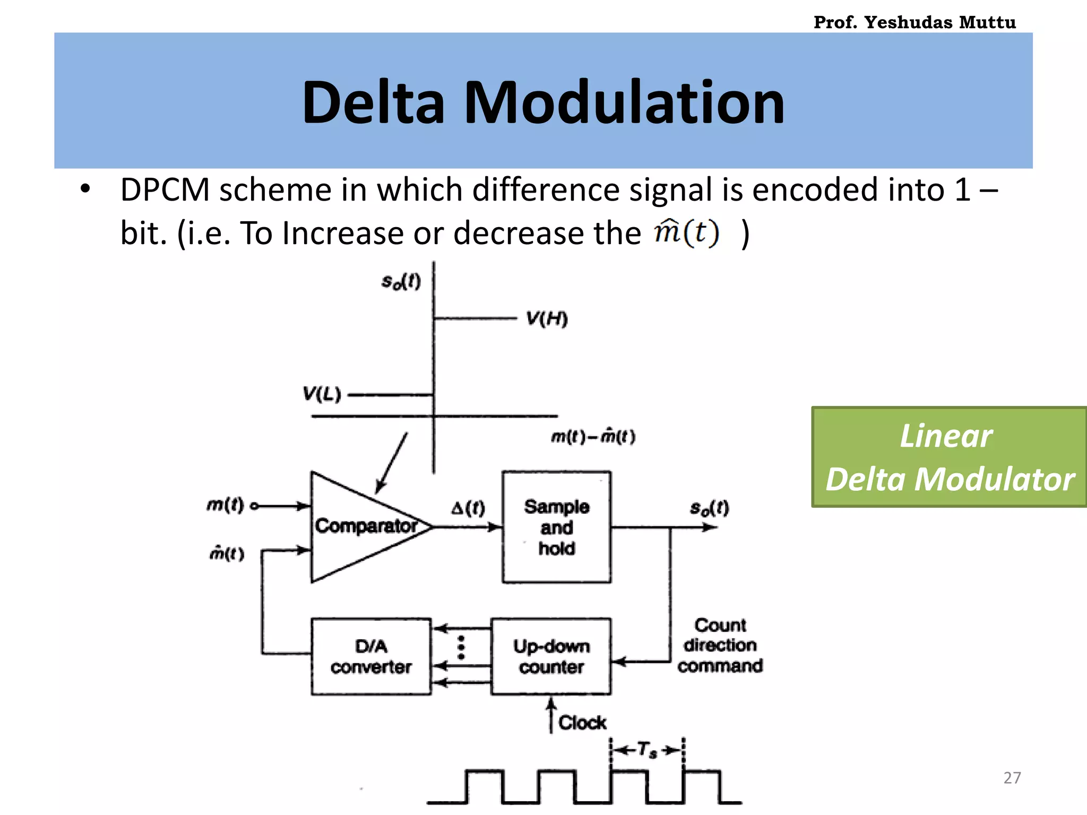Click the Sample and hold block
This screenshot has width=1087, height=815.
point(556,527)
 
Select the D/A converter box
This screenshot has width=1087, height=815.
point(371,656)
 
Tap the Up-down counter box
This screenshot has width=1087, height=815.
point(551,656)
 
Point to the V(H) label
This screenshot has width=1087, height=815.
point(547,319)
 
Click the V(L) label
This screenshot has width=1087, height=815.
point(322,394)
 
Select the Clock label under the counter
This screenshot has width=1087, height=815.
point(582,722)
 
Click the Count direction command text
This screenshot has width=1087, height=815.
point(720,645)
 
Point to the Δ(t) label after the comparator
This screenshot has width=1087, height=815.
point(468,508)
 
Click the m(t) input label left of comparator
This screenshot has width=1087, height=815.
point(225,505)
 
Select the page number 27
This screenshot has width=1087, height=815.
point(1012,777)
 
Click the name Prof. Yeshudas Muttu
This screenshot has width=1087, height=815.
point(915,22)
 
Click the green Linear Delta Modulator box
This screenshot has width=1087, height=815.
point(949,457)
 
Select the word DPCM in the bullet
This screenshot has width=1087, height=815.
point(165,189)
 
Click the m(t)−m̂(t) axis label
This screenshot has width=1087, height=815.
point(593,437)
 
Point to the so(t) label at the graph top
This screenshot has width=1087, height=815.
point(401,281)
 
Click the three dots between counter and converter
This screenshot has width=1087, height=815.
point(461,647)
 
